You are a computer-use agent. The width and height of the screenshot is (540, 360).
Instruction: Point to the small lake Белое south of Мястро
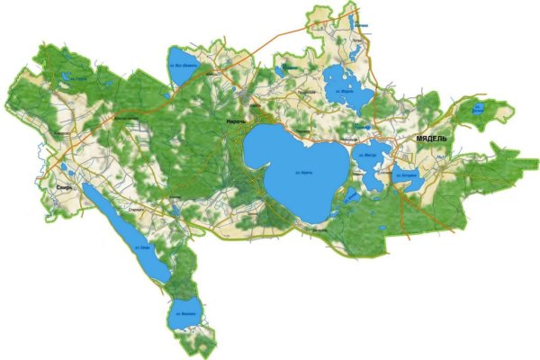(352, 197)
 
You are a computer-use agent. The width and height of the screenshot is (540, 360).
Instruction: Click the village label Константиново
(124, 118)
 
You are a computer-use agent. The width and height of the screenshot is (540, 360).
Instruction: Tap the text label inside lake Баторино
(409, 173)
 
